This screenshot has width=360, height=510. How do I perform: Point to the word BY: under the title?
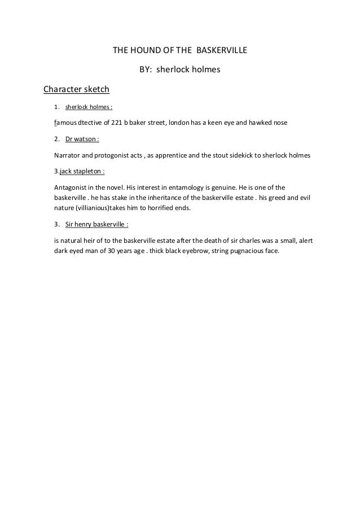pyautogui.click(x=146, y=71)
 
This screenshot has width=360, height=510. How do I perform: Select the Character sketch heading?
pyautogui.click(x=76, y=89)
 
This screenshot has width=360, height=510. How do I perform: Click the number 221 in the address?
pyautogui.click(x=119, y=122)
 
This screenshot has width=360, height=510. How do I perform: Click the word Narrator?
pyautogui.click(x=67, y=155)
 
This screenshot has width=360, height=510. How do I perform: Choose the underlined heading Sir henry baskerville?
pyautogui.click(x=97, y=224)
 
